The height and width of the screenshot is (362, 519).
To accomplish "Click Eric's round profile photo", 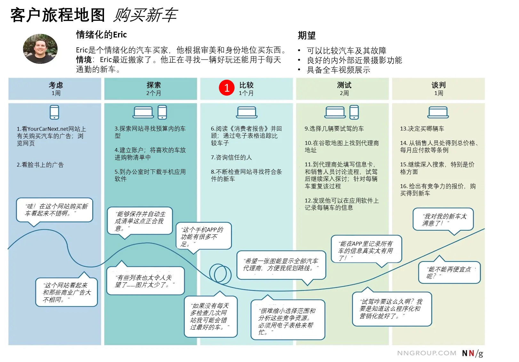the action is point(40,49).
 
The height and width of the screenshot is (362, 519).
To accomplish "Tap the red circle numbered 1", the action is point(227,88).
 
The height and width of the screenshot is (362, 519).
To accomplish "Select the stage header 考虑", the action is point(56,85).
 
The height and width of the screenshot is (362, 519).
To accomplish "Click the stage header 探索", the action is point(153,85).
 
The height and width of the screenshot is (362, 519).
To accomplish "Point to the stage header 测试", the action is point(344,85).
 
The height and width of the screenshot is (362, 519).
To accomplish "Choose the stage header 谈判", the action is point(438,85).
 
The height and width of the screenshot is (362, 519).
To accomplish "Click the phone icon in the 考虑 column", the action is point(54,112).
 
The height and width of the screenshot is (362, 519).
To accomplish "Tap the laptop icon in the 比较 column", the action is point(246,112).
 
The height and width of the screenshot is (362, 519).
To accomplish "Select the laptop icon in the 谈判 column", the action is point(438,112).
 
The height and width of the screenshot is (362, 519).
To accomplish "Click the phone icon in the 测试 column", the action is point(354,112).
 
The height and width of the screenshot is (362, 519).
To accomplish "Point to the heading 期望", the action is point(307,35).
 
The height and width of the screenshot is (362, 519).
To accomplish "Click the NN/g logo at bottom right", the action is point(472,353).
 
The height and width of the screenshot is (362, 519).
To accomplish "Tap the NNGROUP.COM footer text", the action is point(427,353).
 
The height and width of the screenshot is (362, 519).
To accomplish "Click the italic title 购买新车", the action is point(145,15).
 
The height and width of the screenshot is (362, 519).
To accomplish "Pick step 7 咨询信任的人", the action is point(231,157).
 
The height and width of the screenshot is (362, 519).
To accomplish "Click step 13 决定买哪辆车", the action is point(422,129).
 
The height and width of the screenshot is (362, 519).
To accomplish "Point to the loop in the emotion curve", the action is point(220,274).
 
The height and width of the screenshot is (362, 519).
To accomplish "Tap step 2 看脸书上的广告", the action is point(40,165).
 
